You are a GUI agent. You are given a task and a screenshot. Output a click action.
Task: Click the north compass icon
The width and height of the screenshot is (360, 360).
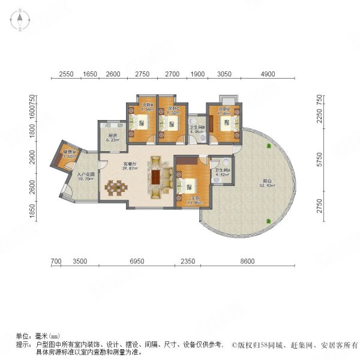coord(20,20)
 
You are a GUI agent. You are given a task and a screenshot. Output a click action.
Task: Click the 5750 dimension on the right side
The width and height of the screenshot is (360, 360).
coord(319,160)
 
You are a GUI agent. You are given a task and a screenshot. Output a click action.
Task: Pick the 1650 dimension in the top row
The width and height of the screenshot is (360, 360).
coord(89,74)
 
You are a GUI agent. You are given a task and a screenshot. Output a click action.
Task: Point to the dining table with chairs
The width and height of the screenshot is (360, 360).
coord(116,188)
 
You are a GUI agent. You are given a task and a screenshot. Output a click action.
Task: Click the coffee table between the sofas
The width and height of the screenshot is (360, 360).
coord(158,178)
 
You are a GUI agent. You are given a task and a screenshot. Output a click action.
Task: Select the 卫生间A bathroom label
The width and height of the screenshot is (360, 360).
coord(221,173)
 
